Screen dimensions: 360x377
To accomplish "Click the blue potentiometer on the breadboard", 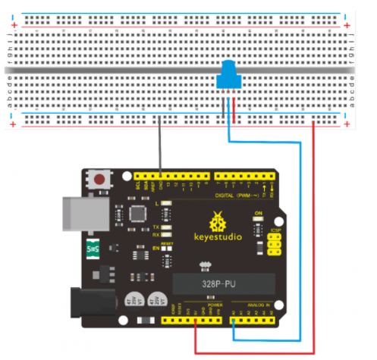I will (227, 77).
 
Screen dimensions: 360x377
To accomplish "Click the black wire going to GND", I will (159, 152).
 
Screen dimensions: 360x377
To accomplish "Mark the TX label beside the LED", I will (156, 226).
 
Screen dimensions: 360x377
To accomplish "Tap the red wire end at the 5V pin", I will (196, 322).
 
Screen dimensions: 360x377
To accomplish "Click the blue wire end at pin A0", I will (233, 322).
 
